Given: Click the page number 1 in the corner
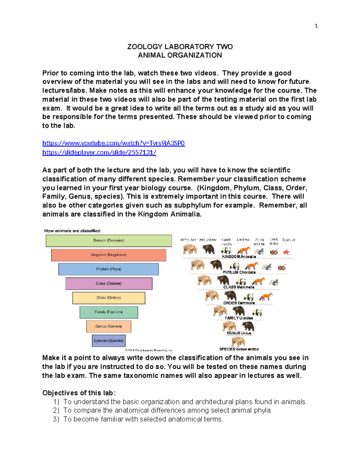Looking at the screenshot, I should click(316, 26).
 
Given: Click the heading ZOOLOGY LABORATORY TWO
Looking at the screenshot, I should click(180, 47).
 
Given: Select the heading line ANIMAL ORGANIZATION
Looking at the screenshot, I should click(180, 55).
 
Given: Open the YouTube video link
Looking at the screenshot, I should click(113, 143).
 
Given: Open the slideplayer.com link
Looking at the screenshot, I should click(99, 152).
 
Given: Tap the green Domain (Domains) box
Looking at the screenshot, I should click(109, 241).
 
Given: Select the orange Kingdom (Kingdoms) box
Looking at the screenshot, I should click(109, 255).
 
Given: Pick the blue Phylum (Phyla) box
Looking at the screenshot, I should click(109, 269).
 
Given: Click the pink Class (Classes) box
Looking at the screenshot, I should click(109, 283).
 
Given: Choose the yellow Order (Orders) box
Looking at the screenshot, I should click(109, 298).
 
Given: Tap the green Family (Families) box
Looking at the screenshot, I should click(109, 312).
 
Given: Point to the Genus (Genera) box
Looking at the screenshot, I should click(109, 326).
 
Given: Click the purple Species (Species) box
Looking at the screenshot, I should click(109, 341).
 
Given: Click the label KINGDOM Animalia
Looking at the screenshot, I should click(239, 257).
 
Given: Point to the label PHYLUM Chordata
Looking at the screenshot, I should click(239, 272).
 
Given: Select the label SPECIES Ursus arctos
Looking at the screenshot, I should click(239, 349).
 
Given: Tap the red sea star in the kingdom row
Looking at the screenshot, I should click(286, 252).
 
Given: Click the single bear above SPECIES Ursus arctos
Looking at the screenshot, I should click(238, 341).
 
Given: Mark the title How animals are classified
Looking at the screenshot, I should click(72, 231).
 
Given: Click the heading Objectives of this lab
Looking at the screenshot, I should click(79, 393).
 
